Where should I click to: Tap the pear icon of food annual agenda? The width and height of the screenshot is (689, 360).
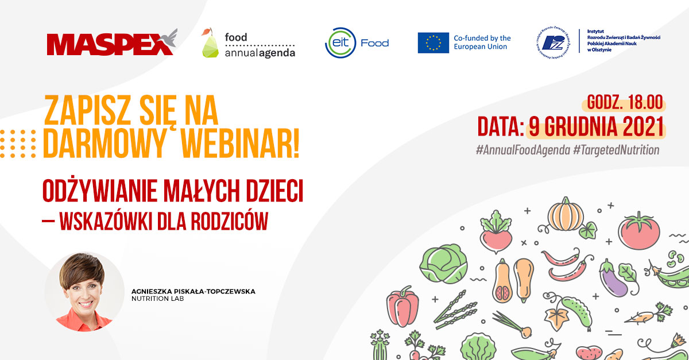(x=210, y=44)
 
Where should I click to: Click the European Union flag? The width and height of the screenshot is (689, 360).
(x=433, y=43)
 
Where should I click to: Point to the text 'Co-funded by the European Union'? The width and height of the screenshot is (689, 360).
(x=482, y=42)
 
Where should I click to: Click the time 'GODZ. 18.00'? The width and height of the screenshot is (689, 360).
(x=625, y=103)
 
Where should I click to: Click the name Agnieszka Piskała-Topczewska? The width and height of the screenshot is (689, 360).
(x=193, y=292)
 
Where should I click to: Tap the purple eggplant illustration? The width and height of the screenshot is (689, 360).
(x=613, y=277)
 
